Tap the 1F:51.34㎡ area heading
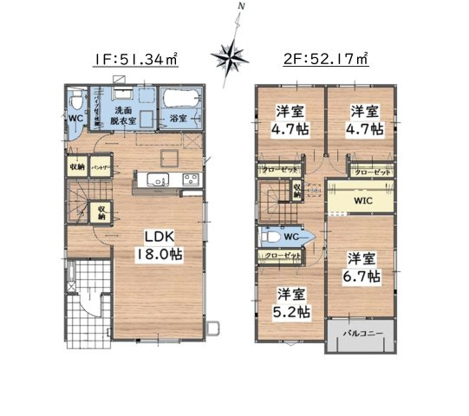point(137,59)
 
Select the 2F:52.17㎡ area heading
point(325,59)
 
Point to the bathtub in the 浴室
point(180,106)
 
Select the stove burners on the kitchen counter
point(189,180)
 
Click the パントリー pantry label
point(100,166)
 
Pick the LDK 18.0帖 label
point(157,245)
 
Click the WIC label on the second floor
point(362,199)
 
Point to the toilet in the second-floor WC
point(270,234)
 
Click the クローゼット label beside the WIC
point(373,172)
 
